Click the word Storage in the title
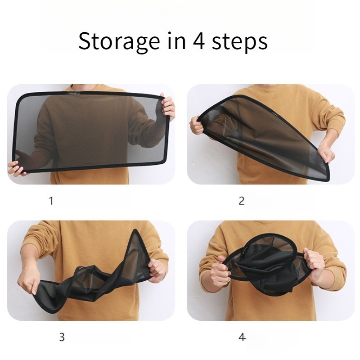click(x=119, y=41)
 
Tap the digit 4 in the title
click(x=199, y=41)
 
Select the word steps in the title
click(x=239, y=42)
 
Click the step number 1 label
click(x=51, y=201)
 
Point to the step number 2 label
click(x=242, y=201)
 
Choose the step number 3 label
click(x=62, y=337)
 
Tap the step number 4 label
click(x=242, y=337)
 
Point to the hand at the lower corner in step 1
click(x=16, y=167)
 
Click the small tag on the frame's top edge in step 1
click(x=73, y=93)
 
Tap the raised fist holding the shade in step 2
click(x=196, y=125)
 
